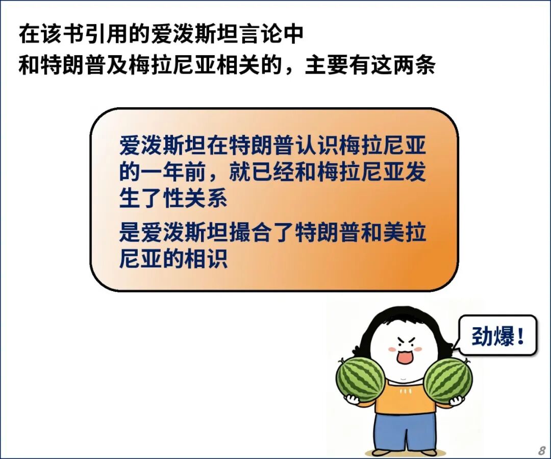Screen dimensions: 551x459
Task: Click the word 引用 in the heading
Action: pos(95,34)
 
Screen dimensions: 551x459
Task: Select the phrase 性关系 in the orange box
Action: pos(195,199)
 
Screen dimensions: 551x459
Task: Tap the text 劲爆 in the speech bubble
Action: pos(493,335)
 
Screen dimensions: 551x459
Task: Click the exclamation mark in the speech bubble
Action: pos(520,335)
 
